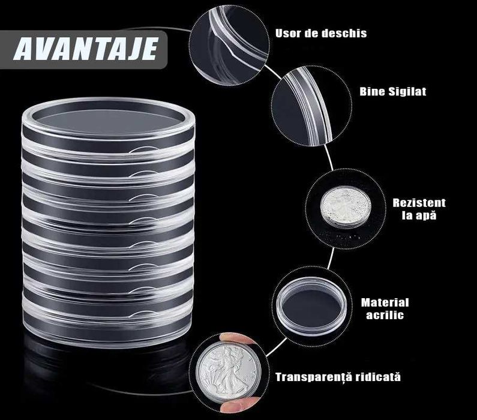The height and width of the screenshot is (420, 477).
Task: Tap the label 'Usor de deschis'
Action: coord(320,33)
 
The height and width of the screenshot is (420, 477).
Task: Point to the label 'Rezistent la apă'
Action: coord(418,209)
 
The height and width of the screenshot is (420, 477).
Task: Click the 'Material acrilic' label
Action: coord(385,308)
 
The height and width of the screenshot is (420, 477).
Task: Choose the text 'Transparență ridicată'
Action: coord(338,377)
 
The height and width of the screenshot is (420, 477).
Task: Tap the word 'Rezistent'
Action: coord(419,203)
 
